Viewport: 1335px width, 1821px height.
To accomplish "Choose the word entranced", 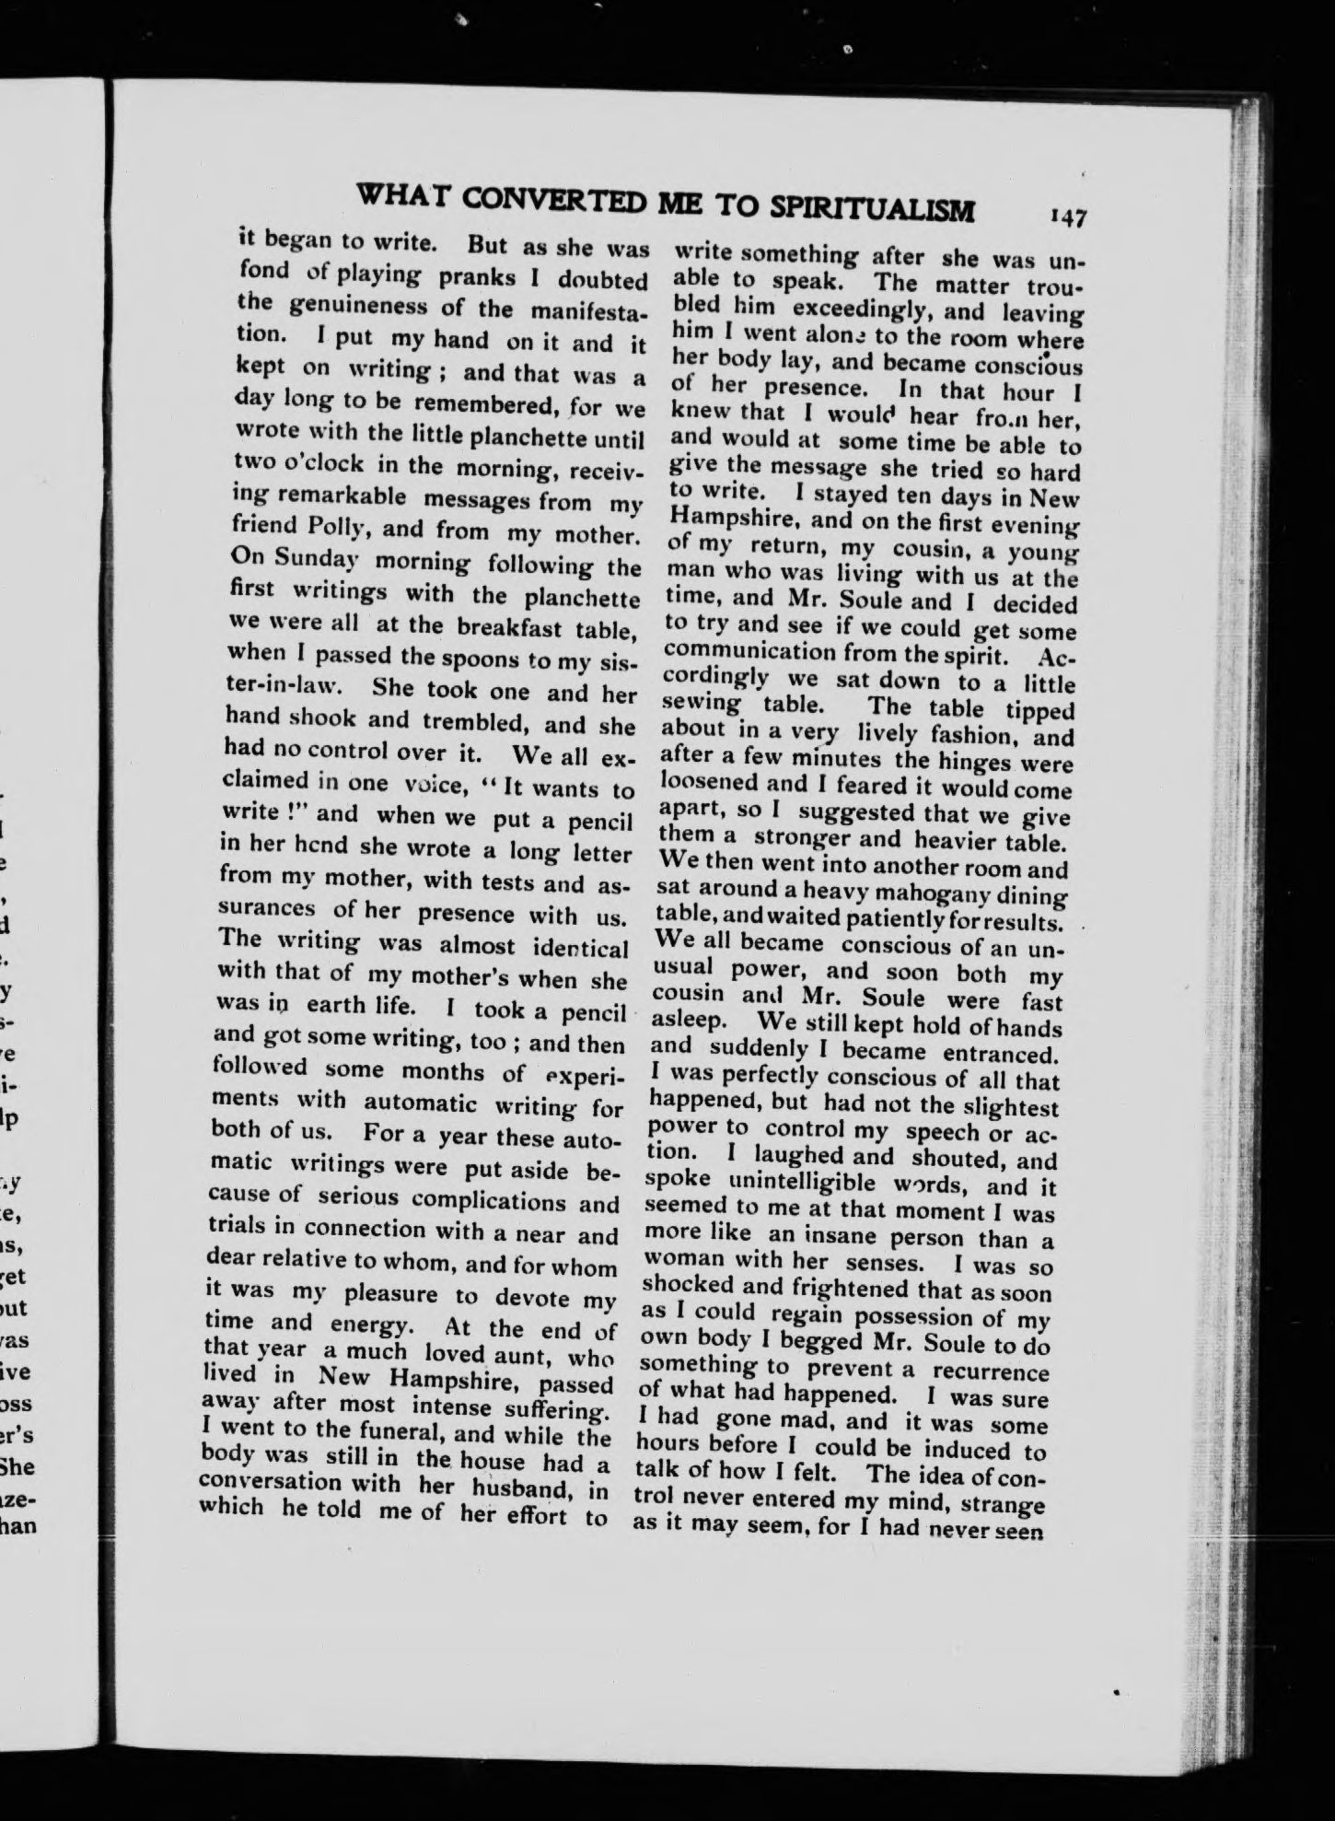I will point(1008,1053).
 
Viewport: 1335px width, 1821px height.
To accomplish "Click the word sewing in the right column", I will point(702,706).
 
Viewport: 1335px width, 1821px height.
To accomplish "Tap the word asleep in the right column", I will point(690,1022).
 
